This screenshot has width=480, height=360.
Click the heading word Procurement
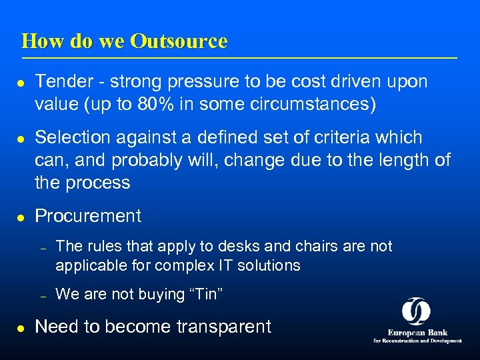[x=88, y=216]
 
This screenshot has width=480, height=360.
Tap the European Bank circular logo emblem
[x=417, y=311]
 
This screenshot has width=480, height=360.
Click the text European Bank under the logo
[x=417, y=332]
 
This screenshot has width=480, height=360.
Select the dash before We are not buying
[x=42, y=295]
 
